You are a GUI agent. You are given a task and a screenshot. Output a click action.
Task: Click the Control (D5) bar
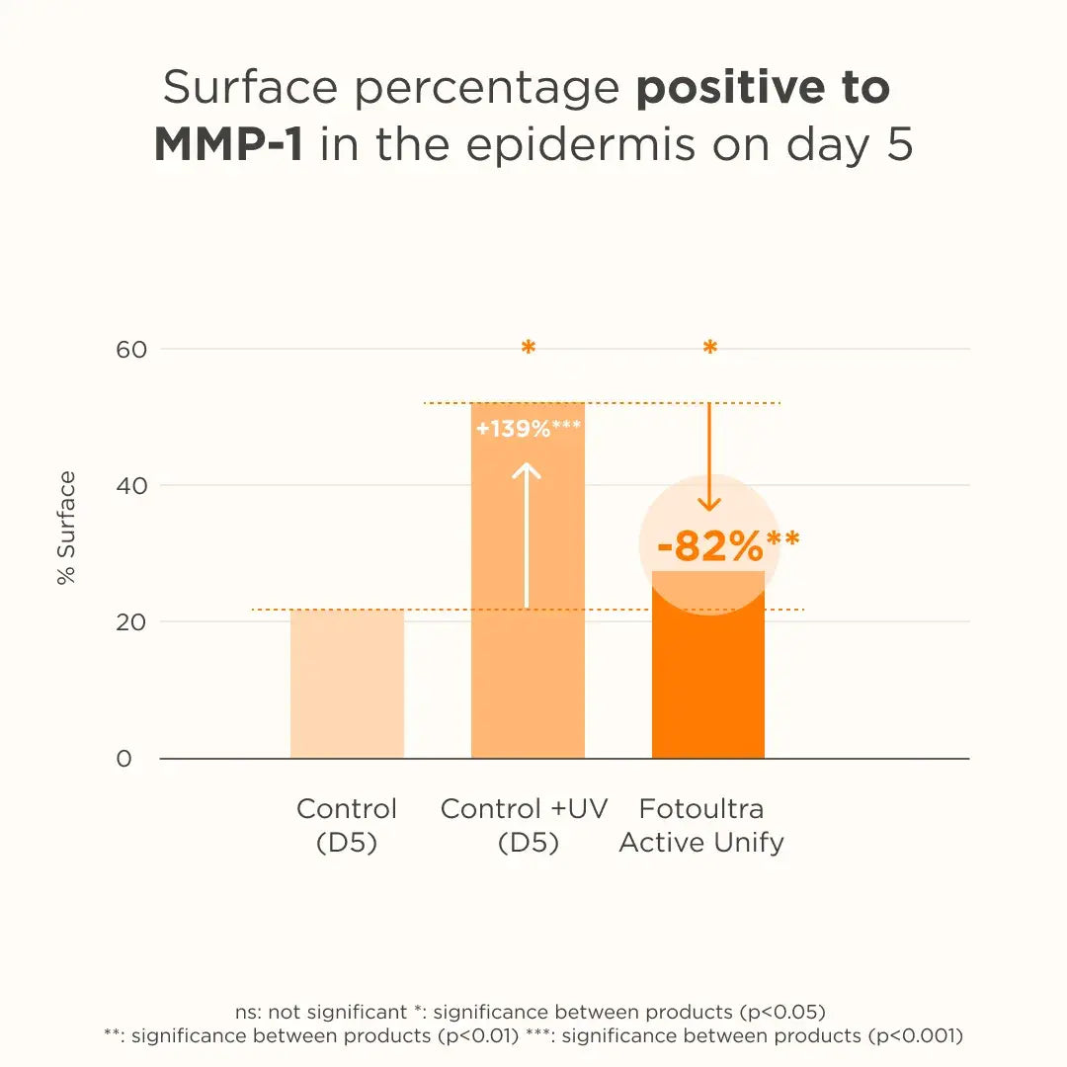[x=347, y=684]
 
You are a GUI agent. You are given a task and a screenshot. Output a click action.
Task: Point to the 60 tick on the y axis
[x=131, y=350]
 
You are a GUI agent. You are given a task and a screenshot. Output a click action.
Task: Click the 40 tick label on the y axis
[x=131, y=486]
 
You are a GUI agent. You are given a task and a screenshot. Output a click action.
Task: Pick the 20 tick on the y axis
[x=131, y=622]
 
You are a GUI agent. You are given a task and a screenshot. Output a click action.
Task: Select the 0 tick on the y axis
[x=123, y=759]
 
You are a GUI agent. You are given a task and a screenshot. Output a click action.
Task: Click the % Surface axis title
[x=66, y=529]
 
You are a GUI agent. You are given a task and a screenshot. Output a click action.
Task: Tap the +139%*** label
[x=528, y=429]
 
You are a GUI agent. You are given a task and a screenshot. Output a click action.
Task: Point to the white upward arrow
[x=528, y=533]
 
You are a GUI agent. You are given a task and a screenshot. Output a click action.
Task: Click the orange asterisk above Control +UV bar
[x=528, y=348]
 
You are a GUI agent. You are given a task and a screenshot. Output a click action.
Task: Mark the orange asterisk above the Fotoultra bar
[x=709, y=348]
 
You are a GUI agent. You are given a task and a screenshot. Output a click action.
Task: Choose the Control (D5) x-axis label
[x=347, y=825]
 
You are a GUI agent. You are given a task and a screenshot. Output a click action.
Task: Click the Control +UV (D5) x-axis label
[x=525, y=825]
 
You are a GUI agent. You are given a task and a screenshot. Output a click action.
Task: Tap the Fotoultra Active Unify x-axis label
[x=701, y=825]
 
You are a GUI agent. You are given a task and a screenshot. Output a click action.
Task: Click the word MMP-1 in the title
[x=228, y=144]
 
